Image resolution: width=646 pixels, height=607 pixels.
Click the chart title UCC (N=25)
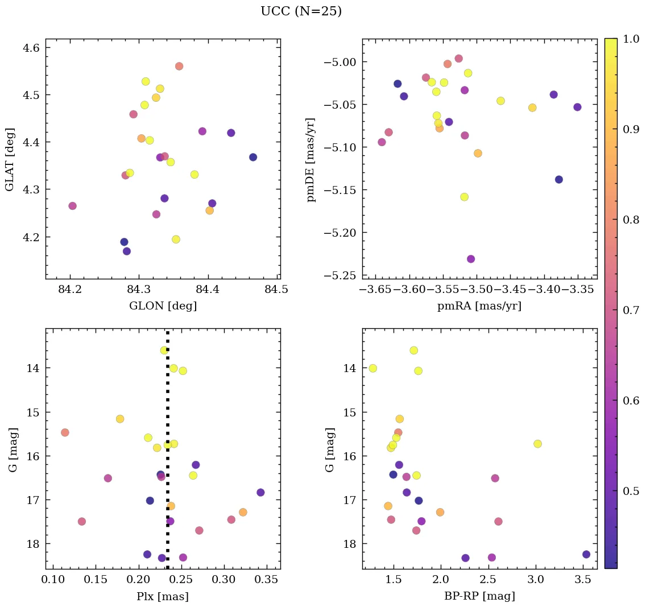[x=301, y=11]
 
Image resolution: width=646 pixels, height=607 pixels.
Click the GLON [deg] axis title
[x=163, y=306]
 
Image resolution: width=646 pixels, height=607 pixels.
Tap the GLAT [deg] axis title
[x=10, y=159]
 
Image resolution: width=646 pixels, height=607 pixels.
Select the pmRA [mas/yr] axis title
[x=479, y=306]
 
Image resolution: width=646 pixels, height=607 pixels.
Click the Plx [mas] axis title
[x=163, y=597]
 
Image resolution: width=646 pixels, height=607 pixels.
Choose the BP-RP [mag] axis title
[x=479, y=597]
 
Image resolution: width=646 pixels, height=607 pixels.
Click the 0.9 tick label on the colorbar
[x=631, y=129]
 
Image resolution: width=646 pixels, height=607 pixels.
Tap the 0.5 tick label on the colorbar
[x=631, y=491]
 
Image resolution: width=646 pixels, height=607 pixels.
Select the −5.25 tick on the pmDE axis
[x=339, y=275]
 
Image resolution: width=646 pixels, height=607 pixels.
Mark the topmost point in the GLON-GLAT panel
[x=179, y=66]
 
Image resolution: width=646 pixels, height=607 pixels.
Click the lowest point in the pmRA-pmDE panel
[x=471, y=259]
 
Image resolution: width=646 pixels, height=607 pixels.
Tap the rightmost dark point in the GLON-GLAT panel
[x=253, y=157]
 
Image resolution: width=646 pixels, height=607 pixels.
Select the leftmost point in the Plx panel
[x=65, y=432]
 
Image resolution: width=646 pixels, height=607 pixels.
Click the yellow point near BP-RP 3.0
[x=537, y=444]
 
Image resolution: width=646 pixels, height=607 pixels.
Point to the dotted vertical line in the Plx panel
[x=167, y=398]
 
